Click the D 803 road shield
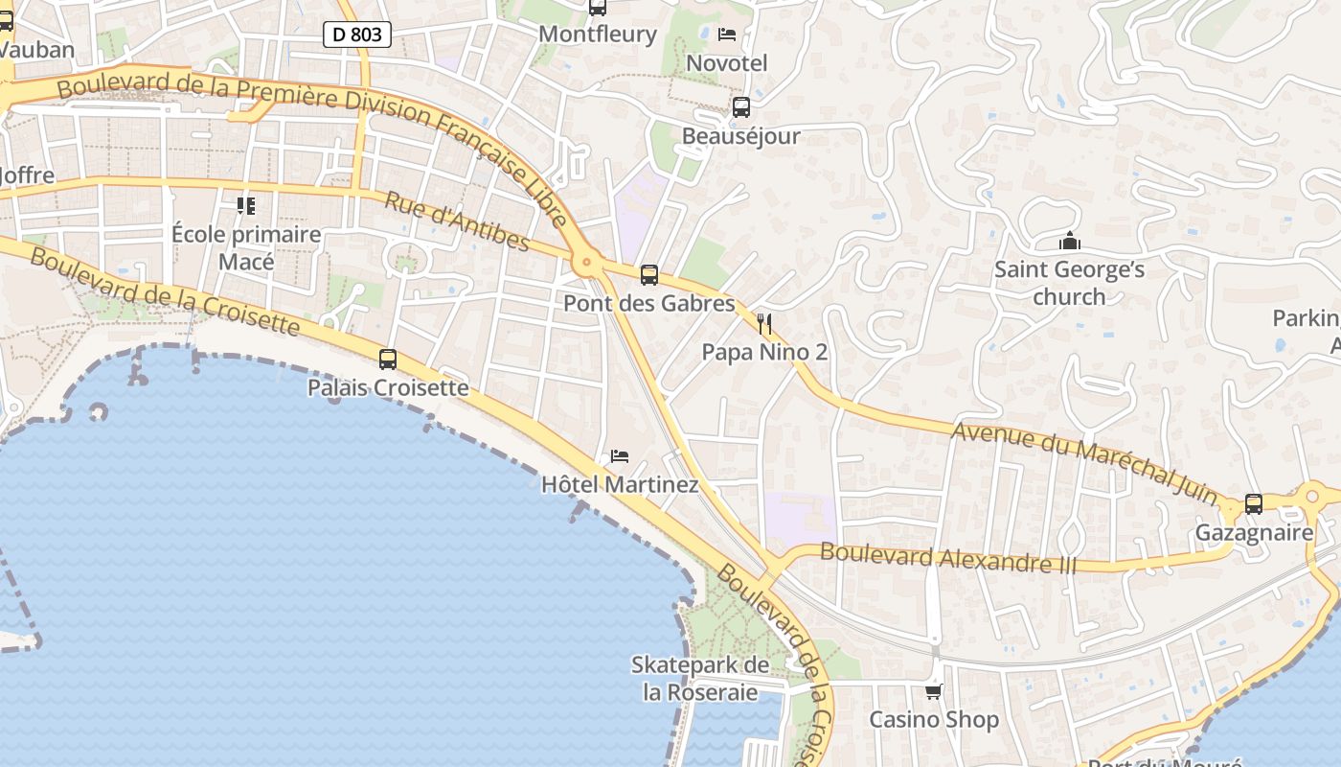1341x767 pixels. tap(357, 35)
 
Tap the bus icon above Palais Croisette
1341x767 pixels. tap(388, 360)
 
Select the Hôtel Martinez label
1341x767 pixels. tap(620, 484)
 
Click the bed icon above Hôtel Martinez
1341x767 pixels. tap(620, 456)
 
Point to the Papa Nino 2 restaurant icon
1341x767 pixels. tap(763, 323)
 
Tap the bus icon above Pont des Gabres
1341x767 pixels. tap(649, 275)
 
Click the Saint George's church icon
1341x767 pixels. tap(1069, 241)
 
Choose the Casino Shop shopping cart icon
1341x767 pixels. tap(934, 690)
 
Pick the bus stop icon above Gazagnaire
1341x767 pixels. tap(1254, 503)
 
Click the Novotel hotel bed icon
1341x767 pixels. tap(727, 35)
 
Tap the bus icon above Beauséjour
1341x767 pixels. tap(741, 107)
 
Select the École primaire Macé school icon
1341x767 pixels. tap(246, 205)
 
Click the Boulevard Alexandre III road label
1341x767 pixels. tap(948, 558)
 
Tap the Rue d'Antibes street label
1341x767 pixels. tap(457, 221)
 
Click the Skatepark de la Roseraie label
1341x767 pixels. tap(700, 678)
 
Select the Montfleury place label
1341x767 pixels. tap(598, 35)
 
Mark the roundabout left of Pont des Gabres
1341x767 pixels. tap(584, 261)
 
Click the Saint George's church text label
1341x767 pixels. tap(1069, 282)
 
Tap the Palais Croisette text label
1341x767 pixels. tap(388, 387)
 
